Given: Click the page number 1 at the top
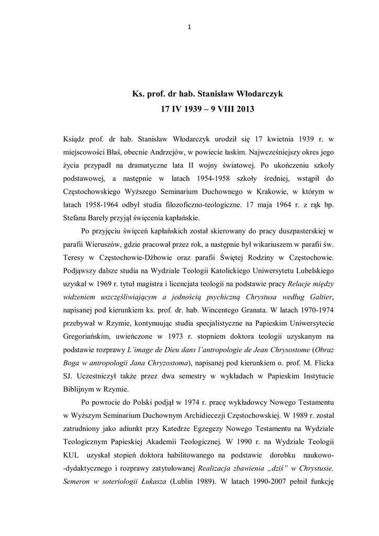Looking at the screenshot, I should (x=189, y=28).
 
